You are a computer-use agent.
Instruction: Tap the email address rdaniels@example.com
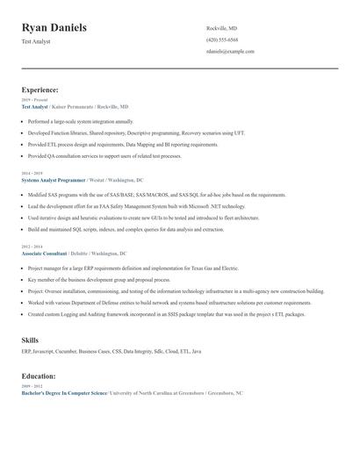(x=230, y=52)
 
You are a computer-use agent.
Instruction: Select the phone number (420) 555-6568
(x=221, y=39)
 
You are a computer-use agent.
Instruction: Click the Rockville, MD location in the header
(x=221, y=28)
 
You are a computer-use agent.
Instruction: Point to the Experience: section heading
(x=40, y=89)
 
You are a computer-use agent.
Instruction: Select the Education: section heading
(x=39, y=376)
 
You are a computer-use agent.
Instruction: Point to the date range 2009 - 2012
(x=31, y=386)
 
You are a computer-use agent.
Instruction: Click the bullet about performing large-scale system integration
(x=81, y=121)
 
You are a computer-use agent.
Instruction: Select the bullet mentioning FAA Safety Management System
(x=131, y=206)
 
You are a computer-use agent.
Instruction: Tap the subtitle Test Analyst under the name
(x=37, y=41)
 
